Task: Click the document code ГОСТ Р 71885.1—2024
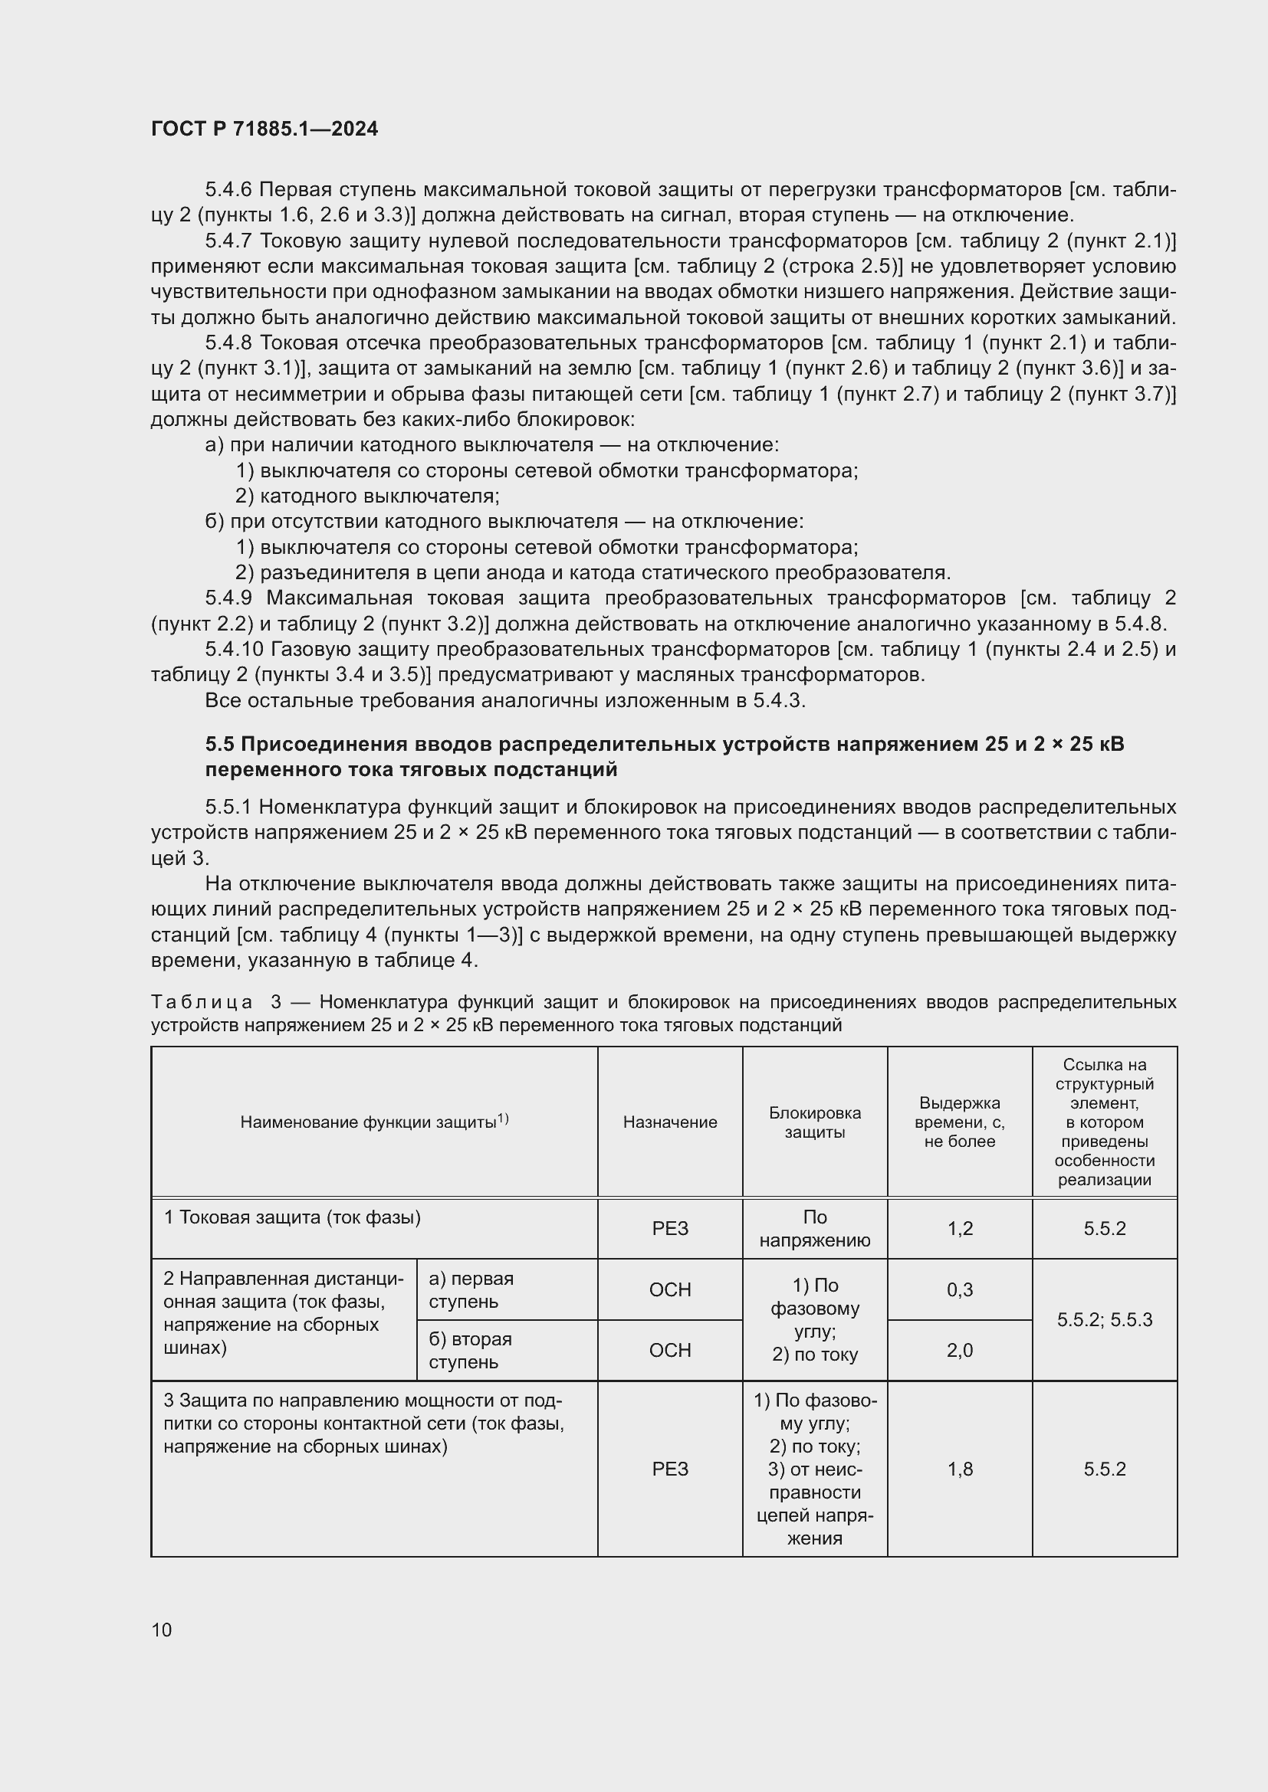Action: point(264,129)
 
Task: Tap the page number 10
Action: point(162,1630)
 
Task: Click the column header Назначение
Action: point(669,1122)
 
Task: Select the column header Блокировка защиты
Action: point(814,1122)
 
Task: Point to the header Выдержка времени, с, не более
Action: point(959,1122)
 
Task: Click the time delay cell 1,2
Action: point(960,1228)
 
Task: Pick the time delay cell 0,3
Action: point(960,1289)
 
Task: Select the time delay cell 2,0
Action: point(960,1350)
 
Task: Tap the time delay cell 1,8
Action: point(960,1469)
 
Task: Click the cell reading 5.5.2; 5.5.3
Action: point(1104,1320)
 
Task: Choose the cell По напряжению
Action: point(814,1228)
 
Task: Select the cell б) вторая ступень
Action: point(469,1350)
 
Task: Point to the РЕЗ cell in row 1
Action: point(669,1228)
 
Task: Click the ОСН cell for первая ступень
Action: point(669,1289)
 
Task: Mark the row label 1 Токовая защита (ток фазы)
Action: point(292,1217)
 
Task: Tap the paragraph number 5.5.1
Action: point(228,806)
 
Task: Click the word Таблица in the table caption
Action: point(202,1002)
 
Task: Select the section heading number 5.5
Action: point(219,744)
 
